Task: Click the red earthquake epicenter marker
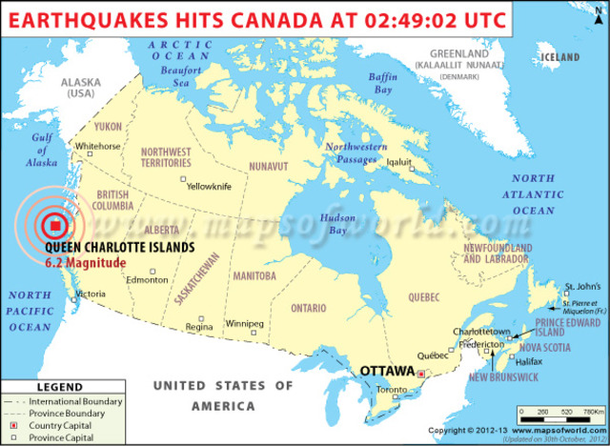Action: point(55,225)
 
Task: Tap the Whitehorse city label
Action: point(98,146)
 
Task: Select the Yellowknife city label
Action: point(209,186)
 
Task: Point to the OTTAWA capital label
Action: point(386,370)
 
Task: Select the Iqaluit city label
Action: point(397,162)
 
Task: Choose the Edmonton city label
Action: point(147,279)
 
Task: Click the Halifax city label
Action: point(528,362)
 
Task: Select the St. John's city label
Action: point(581,286)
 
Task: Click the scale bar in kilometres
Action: point(560,416)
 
